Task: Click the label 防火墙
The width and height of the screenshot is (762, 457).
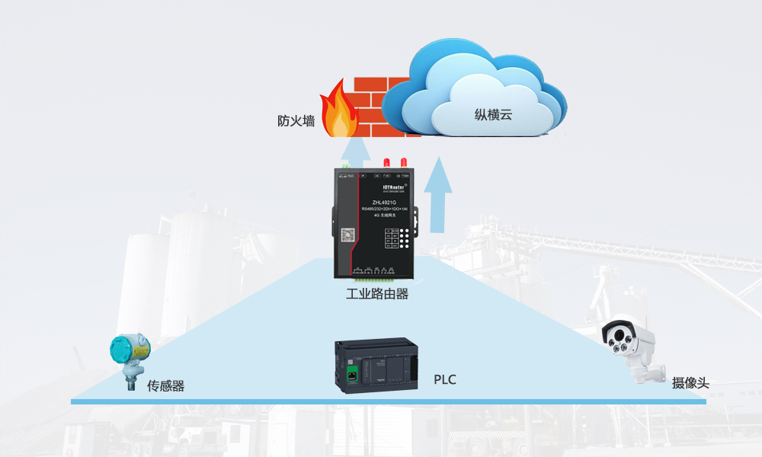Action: (x=296, y=121)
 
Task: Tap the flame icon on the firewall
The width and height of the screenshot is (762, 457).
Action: (x=340, y=113)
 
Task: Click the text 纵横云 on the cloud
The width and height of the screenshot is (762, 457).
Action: (x=494, y=116)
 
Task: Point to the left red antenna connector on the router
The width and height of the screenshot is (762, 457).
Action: (x=386, y=162)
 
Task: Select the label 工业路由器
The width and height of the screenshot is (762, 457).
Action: (x=377, y=293)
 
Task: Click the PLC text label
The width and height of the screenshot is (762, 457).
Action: (x=445, y=379)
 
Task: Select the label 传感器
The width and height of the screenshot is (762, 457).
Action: (x=166, y=386)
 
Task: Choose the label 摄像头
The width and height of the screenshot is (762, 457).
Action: (x=690, y=382)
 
